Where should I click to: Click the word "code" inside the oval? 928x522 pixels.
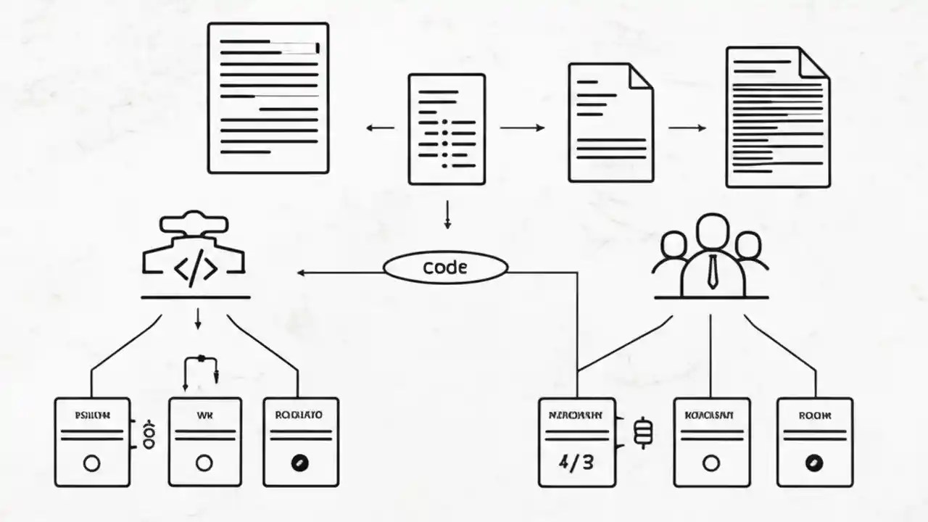pyautogui.click(x=444, y=268)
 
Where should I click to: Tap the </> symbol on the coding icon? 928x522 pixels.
pyautogui.click(x=195, y=270)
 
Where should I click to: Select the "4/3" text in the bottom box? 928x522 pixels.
pyautogui.click(x=576, y=462)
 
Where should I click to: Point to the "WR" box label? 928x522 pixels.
pyautogui.click(x=205, y=416)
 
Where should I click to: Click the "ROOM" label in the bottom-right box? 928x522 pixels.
pyautogui.click(x=814, y=416)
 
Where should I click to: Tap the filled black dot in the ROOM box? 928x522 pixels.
pyautogui.click(x=814, y=463)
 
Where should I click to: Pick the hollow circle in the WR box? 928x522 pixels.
pyautogui.click(x=204, y=463)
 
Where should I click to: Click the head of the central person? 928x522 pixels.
pyautogui.click(x=712, y=231)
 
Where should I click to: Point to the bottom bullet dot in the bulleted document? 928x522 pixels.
pyautogui.click(x=444, y=165)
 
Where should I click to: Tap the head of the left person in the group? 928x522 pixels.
pyautogui.click(x=674, y=244)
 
